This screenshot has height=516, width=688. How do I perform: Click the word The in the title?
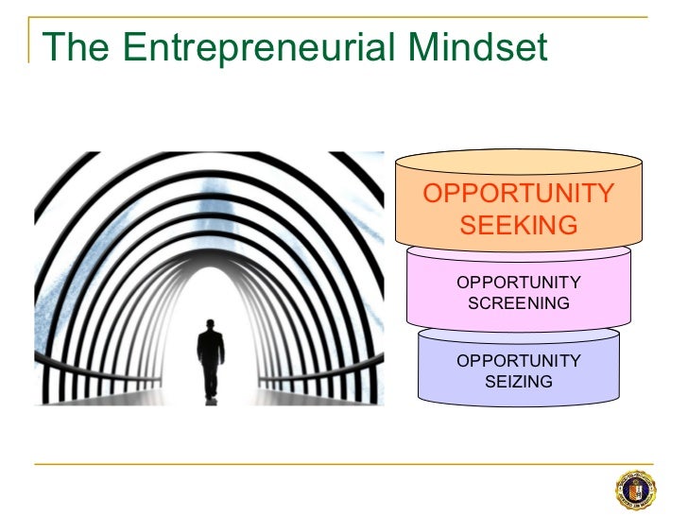tap(75, 46)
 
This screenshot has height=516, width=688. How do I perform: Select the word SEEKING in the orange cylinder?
tap(519, 225)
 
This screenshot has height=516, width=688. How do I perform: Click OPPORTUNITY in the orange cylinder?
tap(519, 194)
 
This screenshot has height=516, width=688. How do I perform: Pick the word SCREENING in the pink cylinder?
tap(519, 303)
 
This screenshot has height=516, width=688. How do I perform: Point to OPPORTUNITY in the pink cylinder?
tap(519, 284)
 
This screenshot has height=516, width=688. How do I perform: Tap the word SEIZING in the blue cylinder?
tap(519, 381)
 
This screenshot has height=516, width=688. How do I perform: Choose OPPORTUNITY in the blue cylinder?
tap(519, 361)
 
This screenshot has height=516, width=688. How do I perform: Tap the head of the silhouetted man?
tap(209, 325)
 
